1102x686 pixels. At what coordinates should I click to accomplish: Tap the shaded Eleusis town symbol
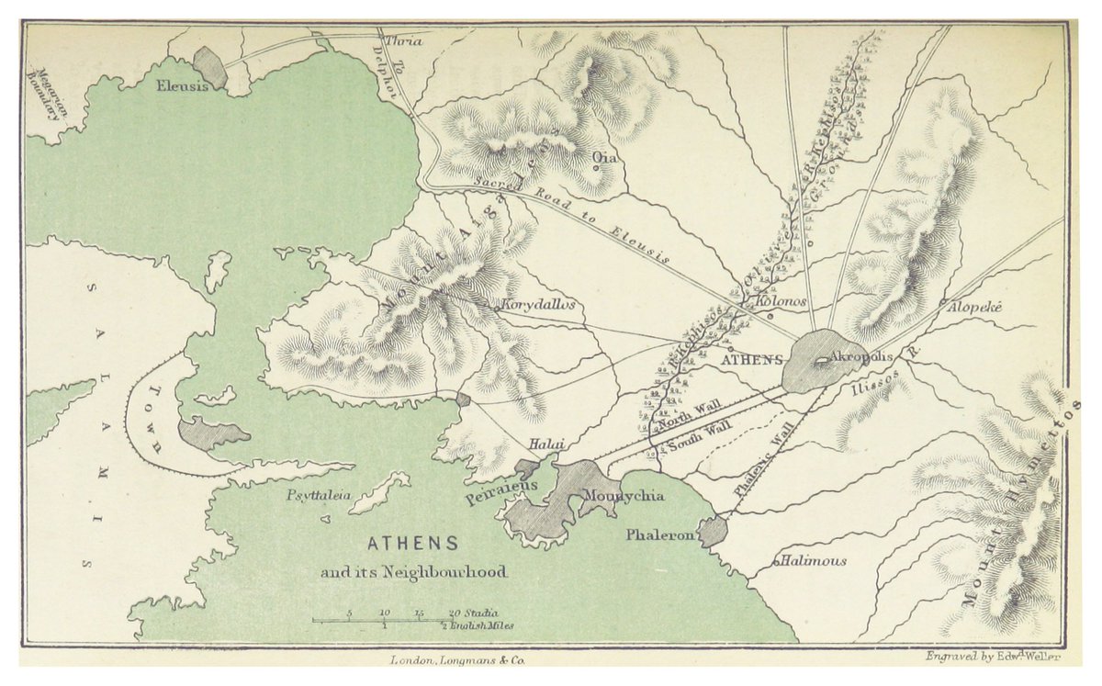pyautogui.click(x=210, y=67)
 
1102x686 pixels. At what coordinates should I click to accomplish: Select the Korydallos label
pyautogui.click(x=538, y=304)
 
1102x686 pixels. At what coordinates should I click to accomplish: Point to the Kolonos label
pyautogui.click(x=781, y=301)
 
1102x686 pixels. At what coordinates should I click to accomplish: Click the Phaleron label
pyautogui.click(x=658, y=534)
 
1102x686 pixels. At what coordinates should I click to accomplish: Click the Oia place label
pyautogui.click(x=604, y=159)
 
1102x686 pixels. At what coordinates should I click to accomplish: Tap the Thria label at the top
pyautogui.click(x=403, y=41)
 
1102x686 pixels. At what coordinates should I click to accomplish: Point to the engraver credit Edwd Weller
pyautogui.click(x=992, y=656)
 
